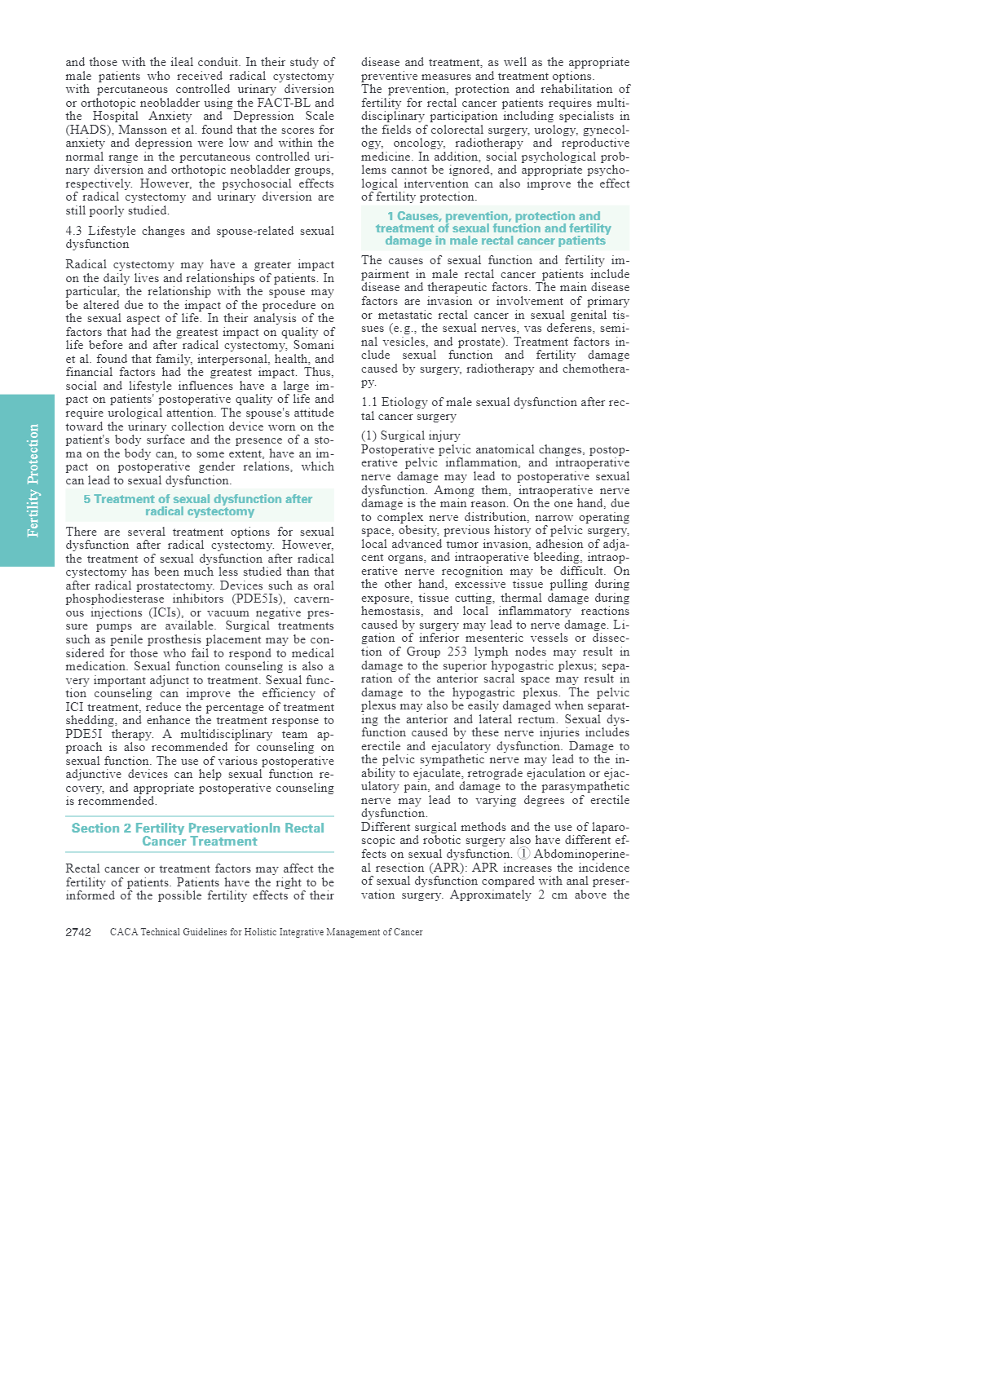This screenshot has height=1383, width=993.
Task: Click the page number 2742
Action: pos(78,932)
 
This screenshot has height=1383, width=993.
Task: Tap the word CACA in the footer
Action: pos(124,932)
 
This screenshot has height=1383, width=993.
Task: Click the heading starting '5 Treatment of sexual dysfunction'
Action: pos(198,505)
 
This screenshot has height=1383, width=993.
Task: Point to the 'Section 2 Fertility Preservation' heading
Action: pos(198,834)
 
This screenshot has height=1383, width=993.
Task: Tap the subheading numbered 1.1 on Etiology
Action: pos(494,409)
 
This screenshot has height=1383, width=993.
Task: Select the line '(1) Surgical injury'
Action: pos(411,435)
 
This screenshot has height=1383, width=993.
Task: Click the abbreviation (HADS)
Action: pos(90,130)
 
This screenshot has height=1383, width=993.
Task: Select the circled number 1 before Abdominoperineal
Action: pos(523,854)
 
